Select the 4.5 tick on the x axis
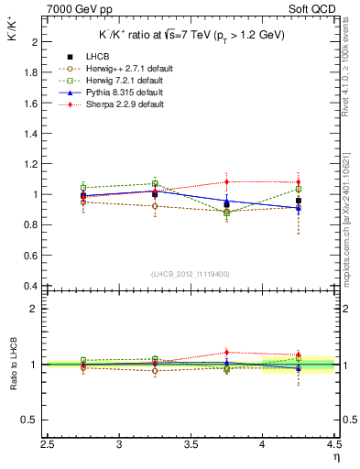(x=334, y=444)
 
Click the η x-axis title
(x=336, y=456)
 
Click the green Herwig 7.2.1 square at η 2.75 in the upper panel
(x=84, y=188)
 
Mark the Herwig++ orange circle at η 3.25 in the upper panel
(x=156, y=206)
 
